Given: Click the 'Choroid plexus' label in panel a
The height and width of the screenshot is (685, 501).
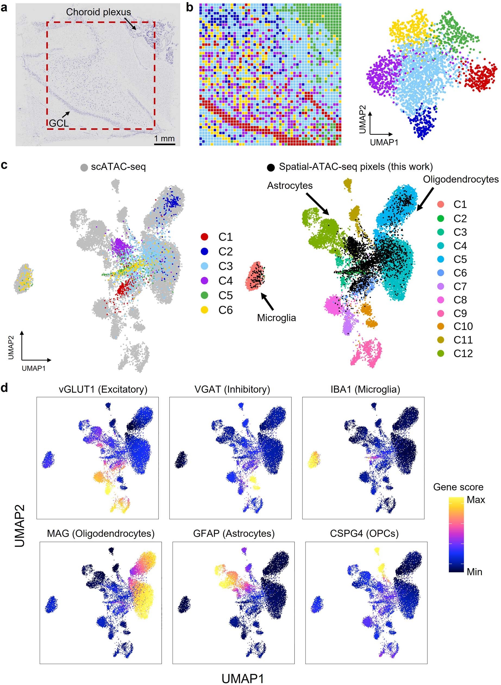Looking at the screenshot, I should (x=98, y=12).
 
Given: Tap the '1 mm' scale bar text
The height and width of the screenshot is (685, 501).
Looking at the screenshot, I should (x=164, y=139).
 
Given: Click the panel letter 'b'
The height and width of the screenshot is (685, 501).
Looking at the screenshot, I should (x=190, y=8).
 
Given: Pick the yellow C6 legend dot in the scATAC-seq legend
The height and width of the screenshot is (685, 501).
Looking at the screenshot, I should (x=205, y=310).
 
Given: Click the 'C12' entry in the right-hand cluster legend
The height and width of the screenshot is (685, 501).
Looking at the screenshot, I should (x=463, y=354).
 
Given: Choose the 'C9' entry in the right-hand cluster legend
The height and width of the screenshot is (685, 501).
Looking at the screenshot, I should (x=460, y=313).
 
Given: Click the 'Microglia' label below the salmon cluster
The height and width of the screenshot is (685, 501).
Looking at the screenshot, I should (x=276, y=318).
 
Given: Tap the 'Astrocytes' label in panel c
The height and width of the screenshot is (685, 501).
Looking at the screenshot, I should (x=290, y=185).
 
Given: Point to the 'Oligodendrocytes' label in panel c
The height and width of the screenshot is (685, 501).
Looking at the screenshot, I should (x=460, y=179).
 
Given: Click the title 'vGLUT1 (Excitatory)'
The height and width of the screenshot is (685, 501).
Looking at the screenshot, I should (x=103, y=389).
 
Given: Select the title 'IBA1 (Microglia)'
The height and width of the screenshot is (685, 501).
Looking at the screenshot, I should (x=365, y=389).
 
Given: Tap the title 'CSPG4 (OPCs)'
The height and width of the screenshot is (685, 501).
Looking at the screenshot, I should (x=364, y=534).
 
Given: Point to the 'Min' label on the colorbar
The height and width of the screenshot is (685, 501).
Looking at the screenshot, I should (x=474, y=572).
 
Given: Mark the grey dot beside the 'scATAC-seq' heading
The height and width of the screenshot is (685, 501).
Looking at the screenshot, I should (x=84, y=167).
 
